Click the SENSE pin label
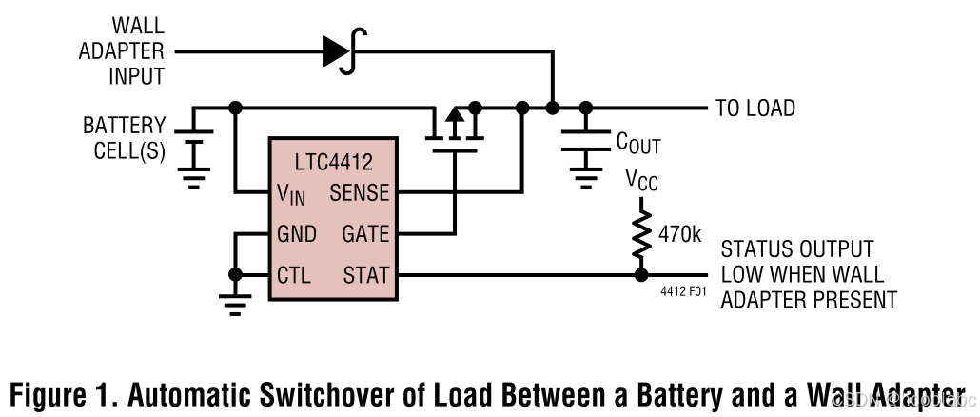359,193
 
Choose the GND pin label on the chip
296,234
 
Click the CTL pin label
294,276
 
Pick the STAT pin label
366,276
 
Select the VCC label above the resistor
642,179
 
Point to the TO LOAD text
755,109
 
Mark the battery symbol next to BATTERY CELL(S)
195,144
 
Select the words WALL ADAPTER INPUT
121,50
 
